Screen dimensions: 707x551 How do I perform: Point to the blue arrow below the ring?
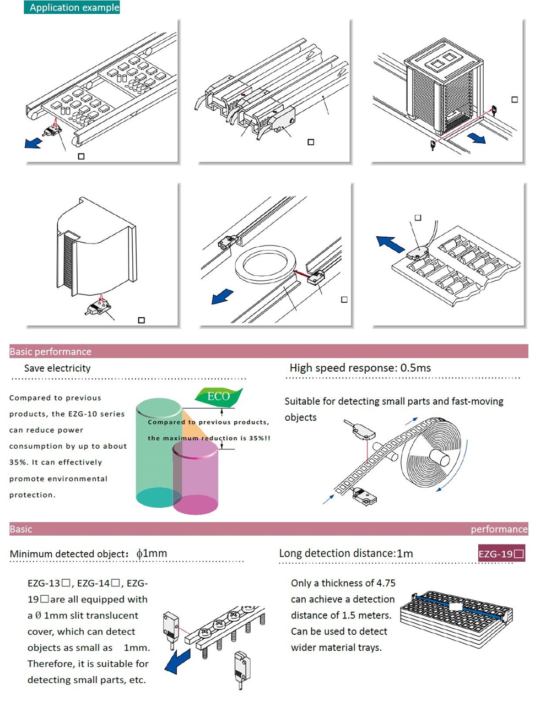pyautogui.click(x=223, y=297)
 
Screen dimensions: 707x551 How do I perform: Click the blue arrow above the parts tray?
pyautogui.click(x=390, y=243)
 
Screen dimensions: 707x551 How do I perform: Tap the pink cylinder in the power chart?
pyautogui.click(x=196, y=479)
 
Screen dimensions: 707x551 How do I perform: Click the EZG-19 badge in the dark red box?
pyautogui.click(x=501, y=554)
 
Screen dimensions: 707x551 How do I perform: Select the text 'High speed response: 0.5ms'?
pyautogui.click(x=360, y=368)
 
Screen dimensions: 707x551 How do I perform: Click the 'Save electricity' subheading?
pyautogui.click(x=57, y=368)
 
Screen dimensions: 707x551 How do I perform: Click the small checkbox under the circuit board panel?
pyautogui.click(x=82, y=156)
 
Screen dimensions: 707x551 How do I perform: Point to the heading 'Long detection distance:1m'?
pyautogui.click(x=345, y=553)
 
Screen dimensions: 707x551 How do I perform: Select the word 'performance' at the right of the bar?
pyautogui.click(x=499, y=529)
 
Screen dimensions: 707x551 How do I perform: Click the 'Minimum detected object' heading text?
pyautogui.click(x=68, y=554)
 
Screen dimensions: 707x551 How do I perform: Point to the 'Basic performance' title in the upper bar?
pyautogui.click(x=50, y=352)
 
